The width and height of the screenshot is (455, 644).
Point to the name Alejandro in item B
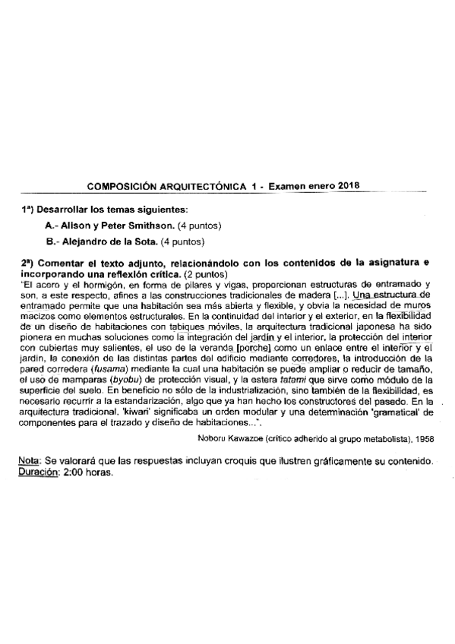tap(84, 243)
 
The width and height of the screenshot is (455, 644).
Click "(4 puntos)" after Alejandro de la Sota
tap(183, 243)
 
